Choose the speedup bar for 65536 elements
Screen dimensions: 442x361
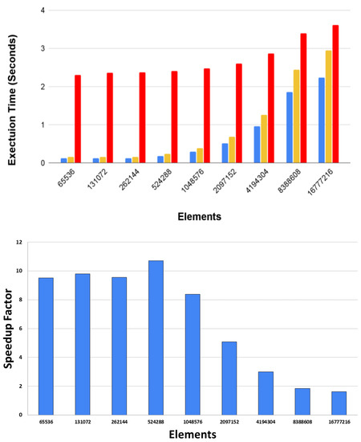click(46, 346)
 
